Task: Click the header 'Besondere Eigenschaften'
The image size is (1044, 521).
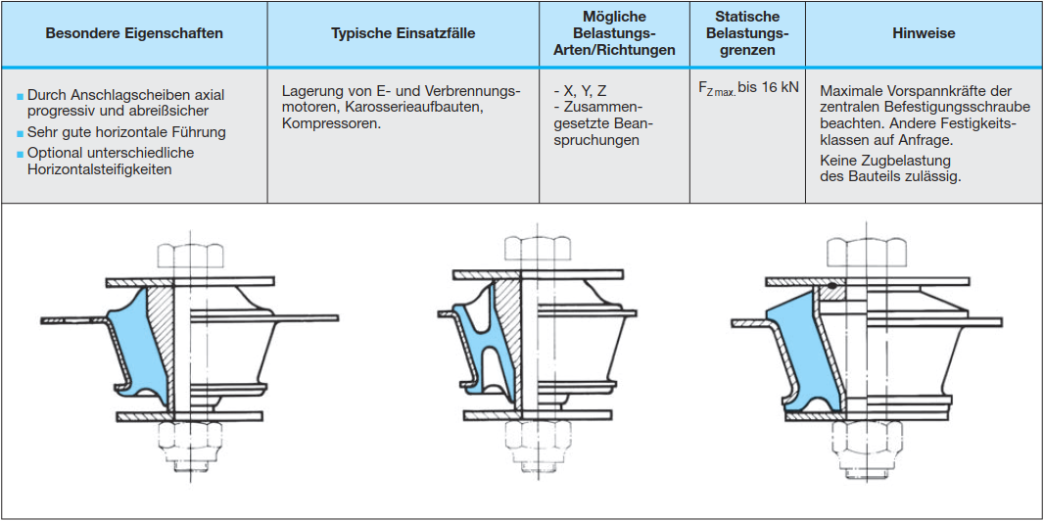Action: [x=134, y=33]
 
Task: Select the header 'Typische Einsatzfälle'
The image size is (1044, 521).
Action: [x=403, y=33]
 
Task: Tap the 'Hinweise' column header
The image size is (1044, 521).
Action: [x=924, y=33]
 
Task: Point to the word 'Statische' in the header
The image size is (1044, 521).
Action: [x=747, y=17]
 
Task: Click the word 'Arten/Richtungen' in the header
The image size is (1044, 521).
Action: [x=615, y=49]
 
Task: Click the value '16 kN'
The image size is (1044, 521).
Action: [x=781, y=87]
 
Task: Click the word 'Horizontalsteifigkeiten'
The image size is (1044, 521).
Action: [x=99, y=169]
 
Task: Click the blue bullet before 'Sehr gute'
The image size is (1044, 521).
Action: [x=20, y=133]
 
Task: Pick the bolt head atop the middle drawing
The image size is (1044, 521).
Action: [x=530, y=252]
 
